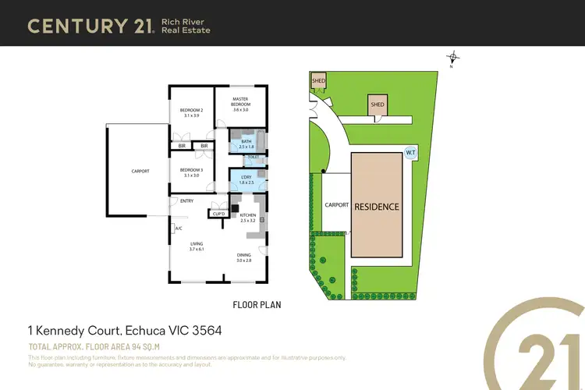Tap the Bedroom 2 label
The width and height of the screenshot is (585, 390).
click(x=191, y=113)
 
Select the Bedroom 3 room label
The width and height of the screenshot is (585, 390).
click(x=191, y=172)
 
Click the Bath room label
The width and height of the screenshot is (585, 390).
click(x=246, y=144)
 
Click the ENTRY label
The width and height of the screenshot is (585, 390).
click(x=186, y=201)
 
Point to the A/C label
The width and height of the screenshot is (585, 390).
click(x=178, y=229)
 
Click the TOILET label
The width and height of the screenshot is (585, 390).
click(x=252, y=157)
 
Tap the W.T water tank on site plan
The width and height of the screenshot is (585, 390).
click(x=410, y=153)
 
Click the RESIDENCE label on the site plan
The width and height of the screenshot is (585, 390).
click(x=377, y=207)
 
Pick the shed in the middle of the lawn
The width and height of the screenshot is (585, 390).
click(x=378, y=105)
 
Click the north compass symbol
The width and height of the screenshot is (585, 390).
click(x=452, y=57)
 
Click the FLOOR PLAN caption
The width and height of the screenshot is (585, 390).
click(x=257, y=305)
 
